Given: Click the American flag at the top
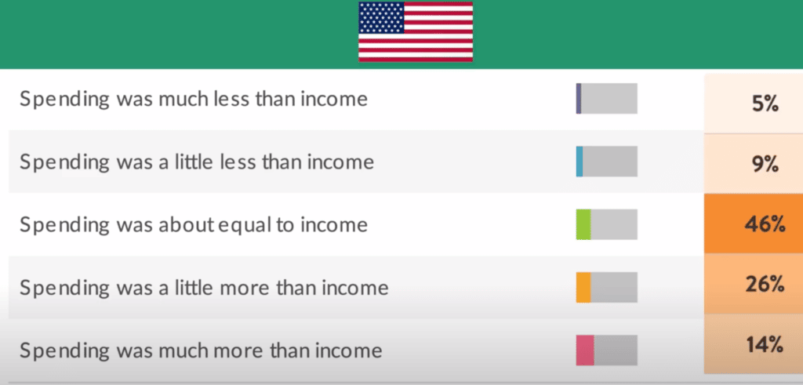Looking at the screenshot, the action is (416, 31).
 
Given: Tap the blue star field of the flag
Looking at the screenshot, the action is (382, 18).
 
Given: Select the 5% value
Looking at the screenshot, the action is (765, 104).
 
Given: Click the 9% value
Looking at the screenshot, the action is (765, 165).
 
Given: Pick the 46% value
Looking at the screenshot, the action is (765, 224).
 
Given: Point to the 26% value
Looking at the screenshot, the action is (765, 285).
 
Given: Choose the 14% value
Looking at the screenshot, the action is (765, 345).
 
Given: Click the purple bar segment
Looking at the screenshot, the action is (579, 98).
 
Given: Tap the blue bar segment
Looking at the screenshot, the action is (580, 162).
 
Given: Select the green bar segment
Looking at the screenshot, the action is (583, 224).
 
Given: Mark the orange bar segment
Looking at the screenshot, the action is (583, 287).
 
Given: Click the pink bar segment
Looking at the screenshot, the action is (585, 350).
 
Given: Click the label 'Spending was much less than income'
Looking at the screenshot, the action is (194, 99).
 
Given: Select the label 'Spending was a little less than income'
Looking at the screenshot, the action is (197, 162).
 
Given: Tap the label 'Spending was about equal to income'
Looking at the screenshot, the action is (194, 225).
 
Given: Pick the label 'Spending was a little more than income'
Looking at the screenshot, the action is (204, 288).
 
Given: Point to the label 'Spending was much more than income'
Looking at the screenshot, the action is (201, 350).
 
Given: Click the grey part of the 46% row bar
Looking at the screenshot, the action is (614, 224).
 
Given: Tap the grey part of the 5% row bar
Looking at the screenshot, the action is (609, 98).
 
